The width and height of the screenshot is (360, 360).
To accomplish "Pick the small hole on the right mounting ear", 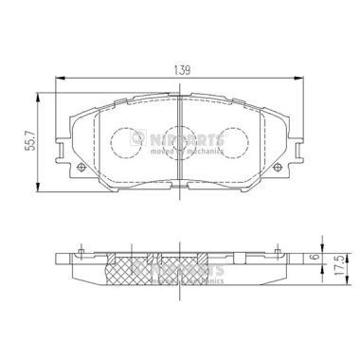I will (278, 170).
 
